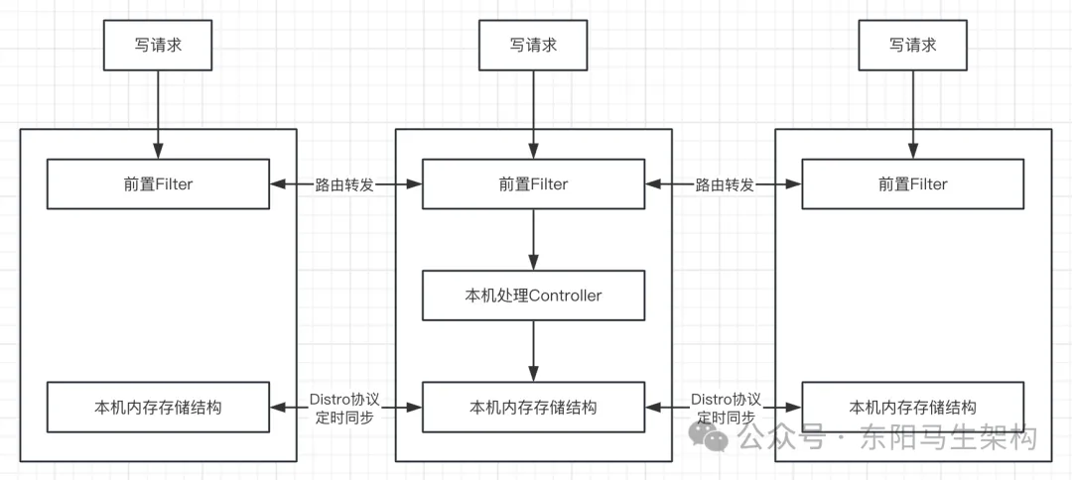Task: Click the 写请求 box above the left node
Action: [158, 46]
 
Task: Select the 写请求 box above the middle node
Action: [533, 46]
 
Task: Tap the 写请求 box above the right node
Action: [912, 46]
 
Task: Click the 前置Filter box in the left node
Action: [158, 184]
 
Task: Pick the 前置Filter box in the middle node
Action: [533, 184]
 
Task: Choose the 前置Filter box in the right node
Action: [912, 184]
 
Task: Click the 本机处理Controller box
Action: [533, 296]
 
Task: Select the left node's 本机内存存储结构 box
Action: [158, 407]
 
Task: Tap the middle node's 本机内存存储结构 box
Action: [533, 407]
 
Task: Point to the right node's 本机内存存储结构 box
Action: [912, 407]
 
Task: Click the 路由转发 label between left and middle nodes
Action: [344, 184]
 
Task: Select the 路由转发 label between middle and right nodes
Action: [724, 184]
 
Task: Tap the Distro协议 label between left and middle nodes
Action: [344, 399]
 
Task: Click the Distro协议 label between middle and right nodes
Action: [725, 399]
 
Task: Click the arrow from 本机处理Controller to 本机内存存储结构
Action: [533, 350]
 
